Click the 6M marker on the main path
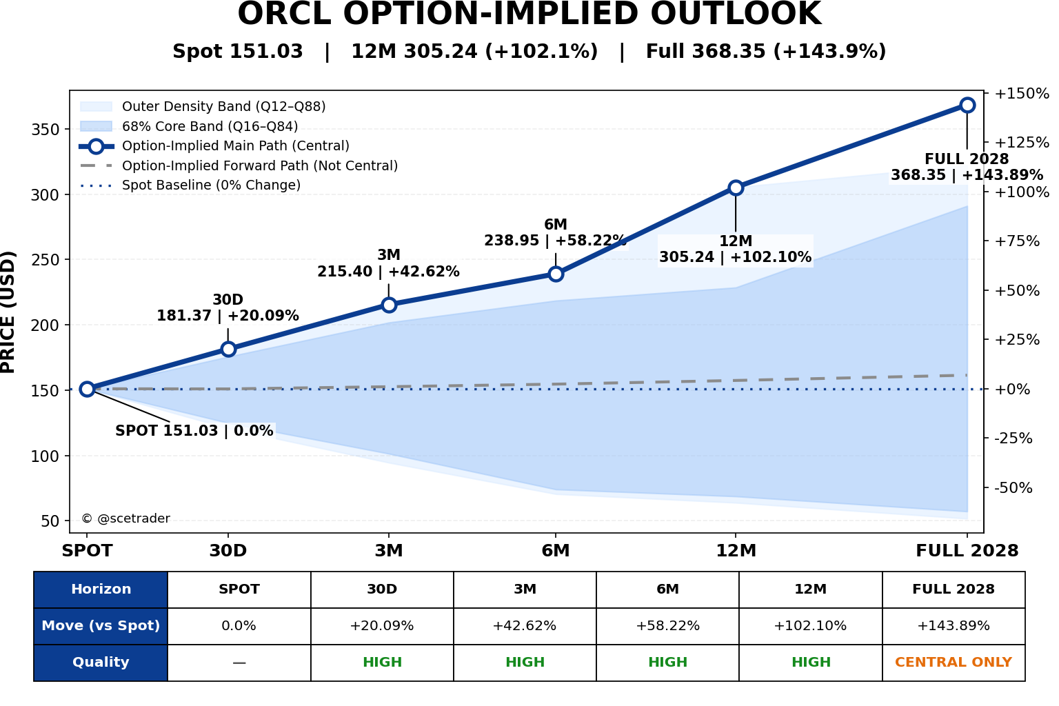556,274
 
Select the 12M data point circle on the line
736,188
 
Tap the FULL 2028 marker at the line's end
967,105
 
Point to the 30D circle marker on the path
228,349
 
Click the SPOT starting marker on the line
87,389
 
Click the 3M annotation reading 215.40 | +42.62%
388,272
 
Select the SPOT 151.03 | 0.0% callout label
194,431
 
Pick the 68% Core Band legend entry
189,126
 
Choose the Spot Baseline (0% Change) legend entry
190,185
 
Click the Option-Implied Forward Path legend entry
239,165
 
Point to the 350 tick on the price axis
45,130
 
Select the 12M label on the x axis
736,551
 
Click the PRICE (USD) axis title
8,312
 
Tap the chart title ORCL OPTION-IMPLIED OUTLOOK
529,13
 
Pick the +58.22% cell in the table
667,626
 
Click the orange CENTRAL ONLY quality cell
954,662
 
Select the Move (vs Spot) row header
101,626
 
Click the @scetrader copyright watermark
125,518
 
